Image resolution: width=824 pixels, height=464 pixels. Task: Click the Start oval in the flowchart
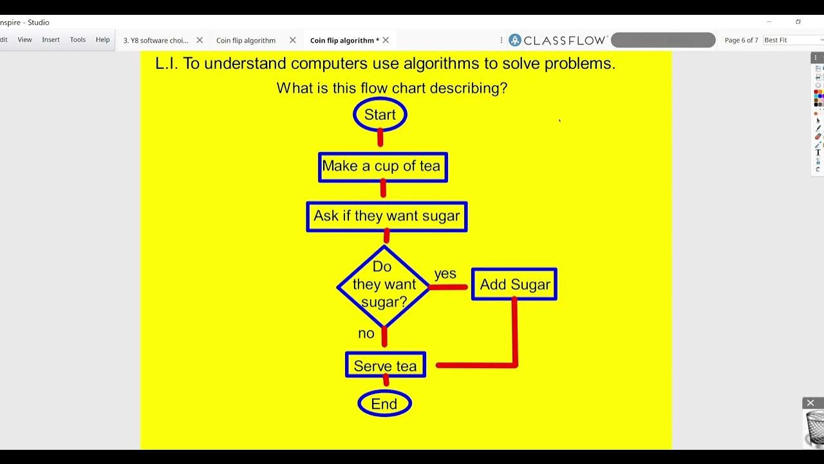[380, 115]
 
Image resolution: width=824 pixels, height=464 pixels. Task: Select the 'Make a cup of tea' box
[382, 167]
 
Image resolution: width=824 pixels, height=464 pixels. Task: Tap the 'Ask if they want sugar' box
[386, 217]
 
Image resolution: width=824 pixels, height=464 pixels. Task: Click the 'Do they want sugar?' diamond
[384, 285]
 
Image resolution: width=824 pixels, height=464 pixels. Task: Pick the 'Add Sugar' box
[514, 285]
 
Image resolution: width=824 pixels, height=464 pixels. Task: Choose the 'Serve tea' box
[385, 365]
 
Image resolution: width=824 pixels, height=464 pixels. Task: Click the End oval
[384, 404]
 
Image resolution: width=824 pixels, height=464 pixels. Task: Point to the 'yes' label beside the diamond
[445, 274]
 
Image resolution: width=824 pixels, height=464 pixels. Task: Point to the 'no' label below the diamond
[366, 333]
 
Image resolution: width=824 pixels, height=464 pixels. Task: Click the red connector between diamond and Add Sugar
[449, 287]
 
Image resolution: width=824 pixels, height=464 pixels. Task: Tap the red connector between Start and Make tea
[380, 138]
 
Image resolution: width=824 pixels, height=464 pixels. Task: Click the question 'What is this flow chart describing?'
[391, 88]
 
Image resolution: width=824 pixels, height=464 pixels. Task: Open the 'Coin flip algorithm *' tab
[344, 40]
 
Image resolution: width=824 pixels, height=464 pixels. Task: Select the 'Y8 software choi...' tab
[156, 40]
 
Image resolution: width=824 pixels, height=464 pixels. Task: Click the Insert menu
[51, 40]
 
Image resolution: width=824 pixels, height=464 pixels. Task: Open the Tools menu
[78, 40]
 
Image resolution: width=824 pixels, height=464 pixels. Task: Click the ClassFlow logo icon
[515, 40]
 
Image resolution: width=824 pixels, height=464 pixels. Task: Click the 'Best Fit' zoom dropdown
[792, 40]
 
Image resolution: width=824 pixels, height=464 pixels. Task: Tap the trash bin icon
[814, 428]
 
